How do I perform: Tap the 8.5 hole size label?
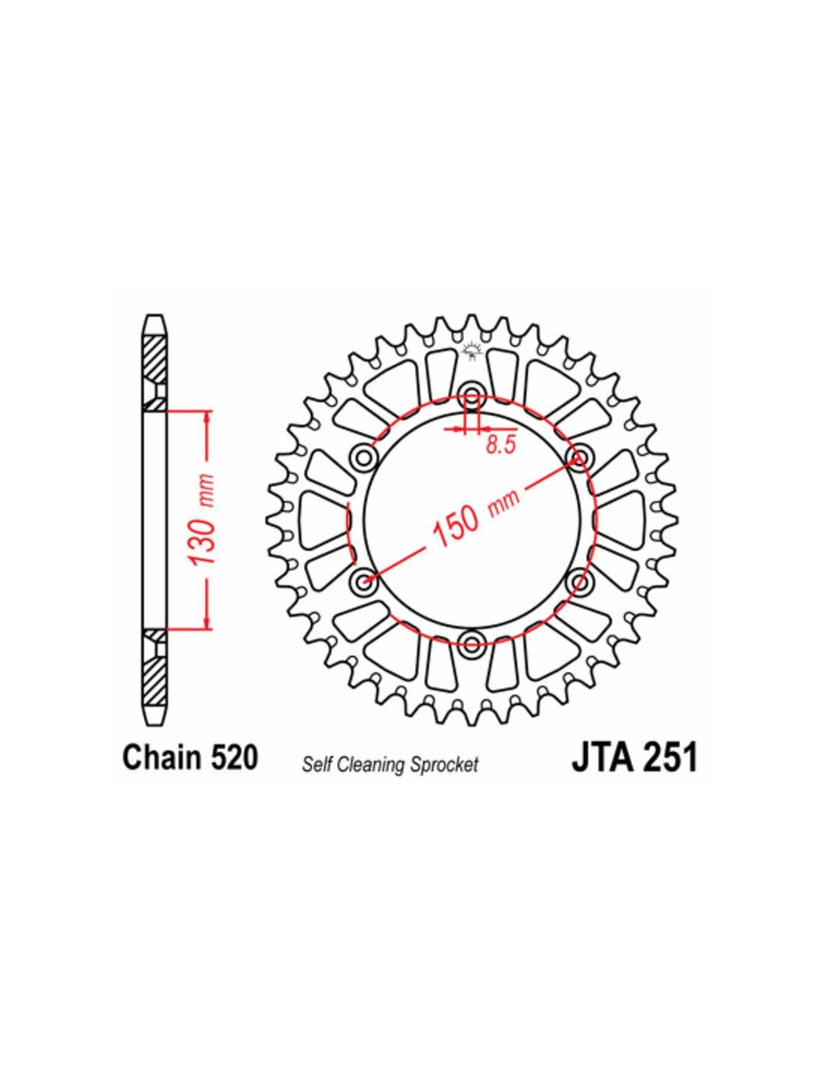pos(502,445)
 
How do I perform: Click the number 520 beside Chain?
pos(233,759)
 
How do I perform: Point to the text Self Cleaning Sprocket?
pos(390,765)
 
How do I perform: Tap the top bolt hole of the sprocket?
pos(472,395)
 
